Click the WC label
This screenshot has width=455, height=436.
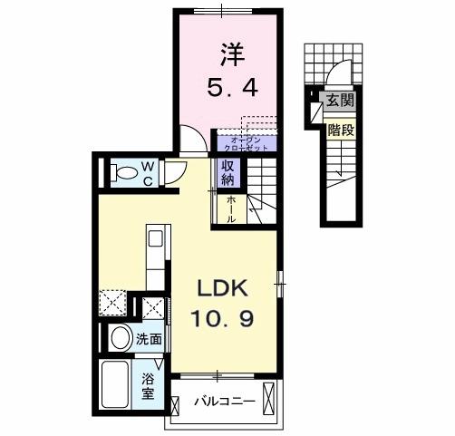tap(148, 172)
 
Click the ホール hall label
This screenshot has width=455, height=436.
tap(232, 209)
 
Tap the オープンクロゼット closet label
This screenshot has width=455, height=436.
tap(246, 143)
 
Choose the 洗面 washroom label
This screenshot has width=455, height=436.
tap(150, 340)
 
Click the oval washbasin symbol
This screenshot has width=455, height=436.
tap(119, 339)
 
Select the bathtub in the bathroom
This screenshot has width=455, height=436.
tap(117, 385)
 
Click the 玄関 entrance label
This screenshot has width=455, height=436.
tap(340, 101)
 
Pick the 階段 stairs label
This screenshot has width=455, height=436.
tap(340, 130)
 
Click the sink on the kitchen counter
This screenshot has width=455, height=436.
tap(155, 240)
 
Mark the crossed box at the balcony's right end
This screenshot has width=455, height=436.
tap(267, 396)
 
